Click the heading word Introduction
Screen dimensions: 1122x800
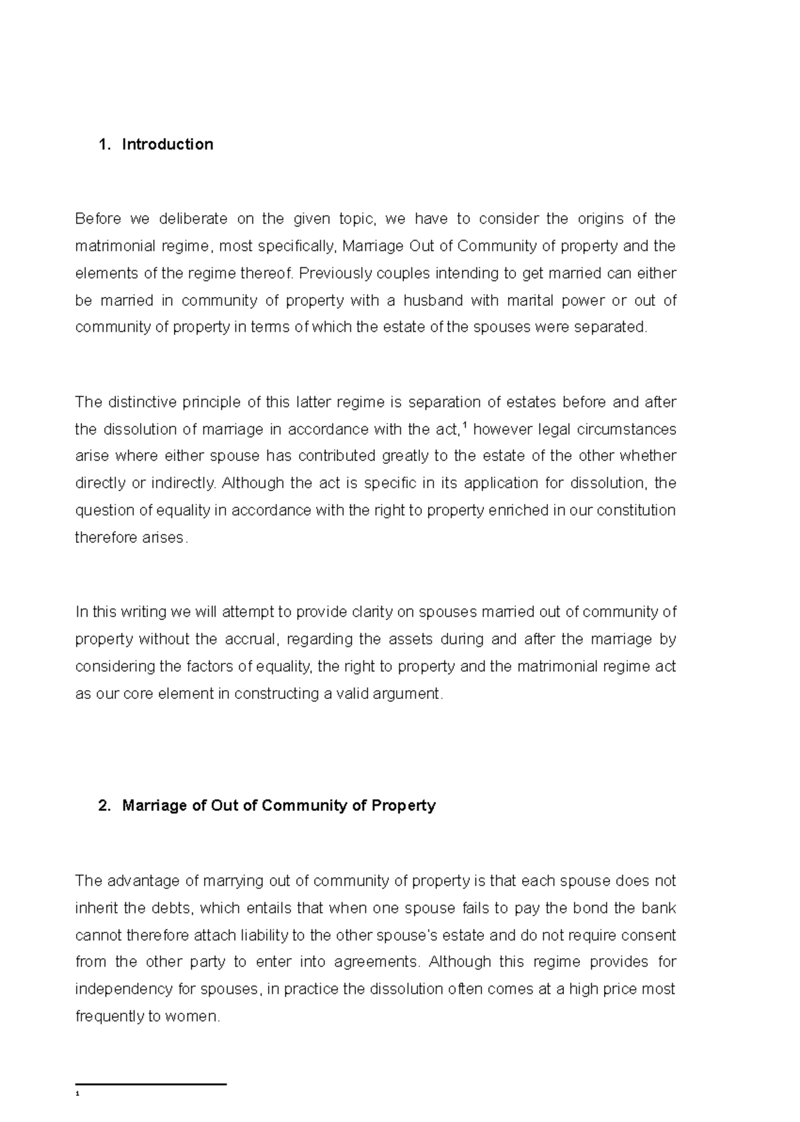pyautogui.click(x=167, y=145)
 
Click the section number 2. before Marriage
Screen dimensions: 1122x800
pyautogui.click(x=103, y=806)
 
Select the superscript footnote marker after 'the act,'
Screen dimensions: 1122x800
pyautogui.click(x=465, y=425)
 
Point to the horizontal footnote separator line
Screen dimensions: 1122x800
pyautogui.click(x=151, y=1085)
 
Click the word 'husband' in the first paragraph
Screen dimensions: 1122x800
pyautogui.click(x=432, y=300)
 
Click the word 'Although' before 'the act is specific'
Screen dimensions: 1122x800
pyautogui.click(x=253, y=483)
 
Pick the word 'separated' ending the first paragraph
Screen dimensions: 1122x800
pyautogui.click(x=613, y=328)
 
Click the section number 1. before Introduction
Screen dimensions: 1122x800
pyautogui.click(x=103, y=145)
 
